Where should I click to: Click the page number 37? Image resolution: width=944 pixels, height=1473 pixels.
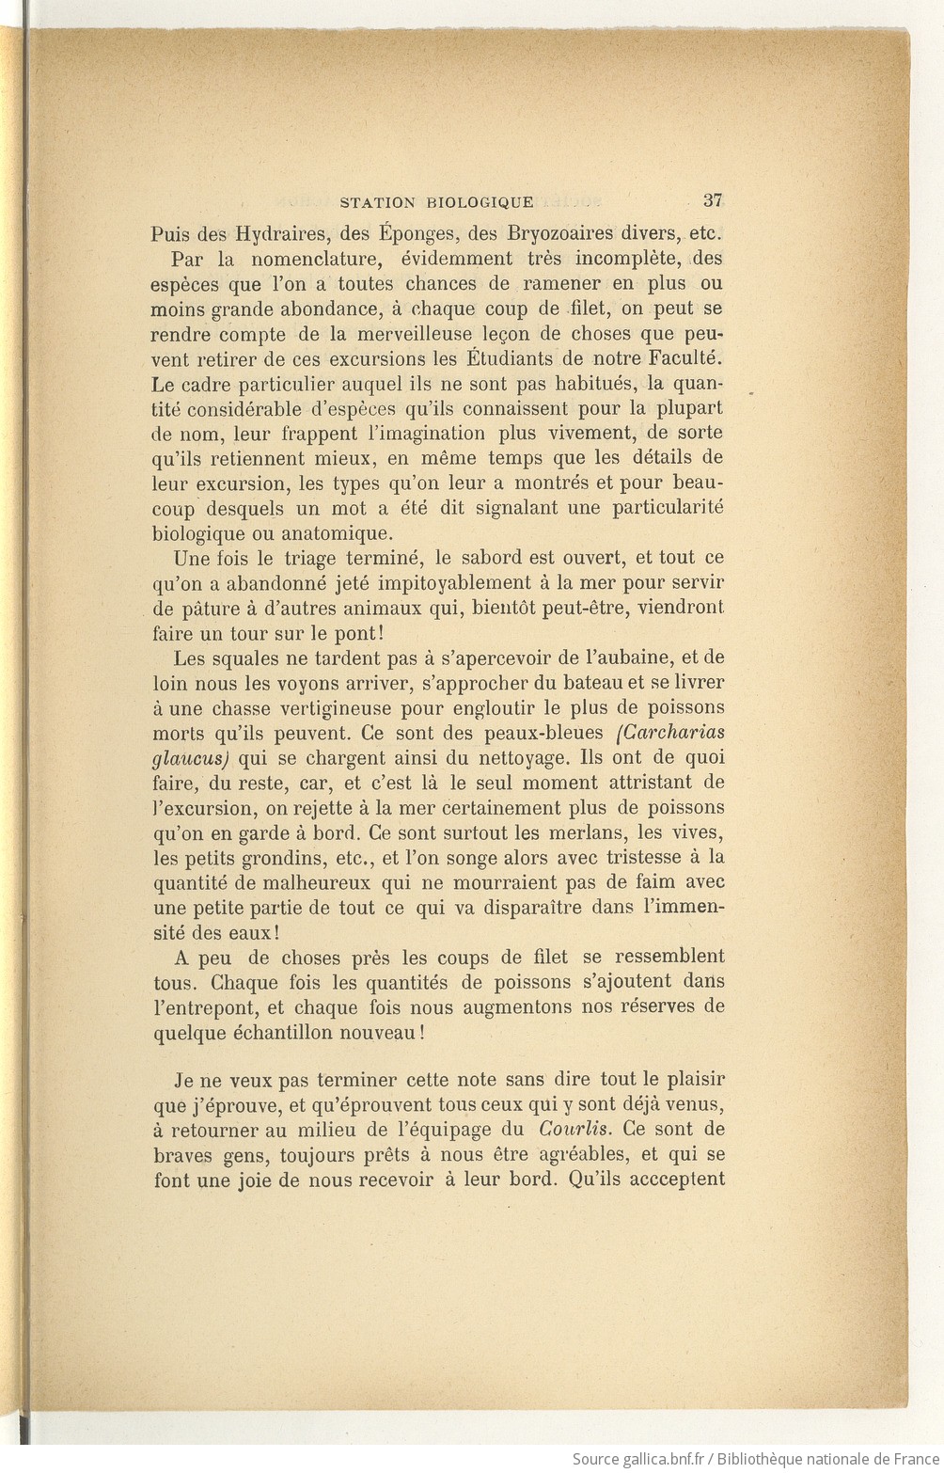pos(712,199)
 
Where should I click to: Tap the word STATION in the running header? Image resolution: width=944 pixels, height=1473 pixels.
pos(377,201)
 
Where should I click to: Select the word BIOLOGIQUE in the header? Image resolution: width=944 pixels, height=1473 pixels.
pos(480,201)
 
